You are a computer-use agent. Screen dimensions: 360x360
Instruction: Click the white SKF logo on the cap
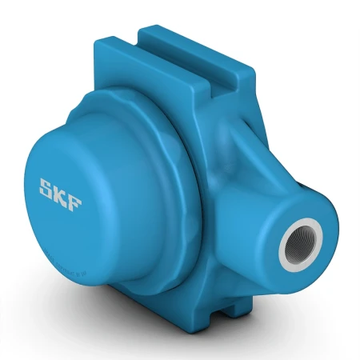(x=61, y=193)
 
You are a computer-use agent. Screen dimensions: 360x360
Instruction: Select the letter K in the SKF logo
(x=61, y=193)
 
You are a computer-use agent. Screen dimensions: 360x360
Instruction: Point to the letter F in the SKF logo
(x=74, y=197)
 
